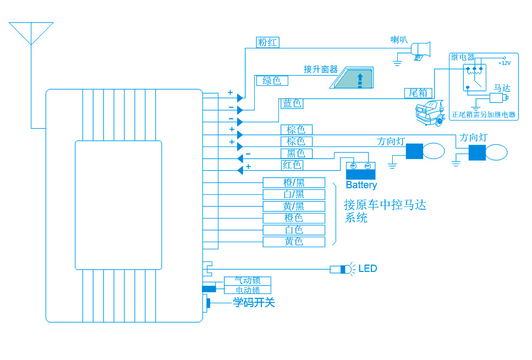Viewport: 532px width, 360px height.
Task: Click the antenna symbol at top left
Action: click(x=31, y=32)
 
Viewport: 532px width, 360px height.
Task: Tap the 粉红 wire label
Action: click(x=268, y=42)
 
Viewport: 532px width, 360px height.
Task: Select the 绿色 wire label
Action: click(x=272, y=81)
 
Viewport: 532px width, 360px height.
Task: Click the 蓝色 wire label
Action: click(x=292, y=103)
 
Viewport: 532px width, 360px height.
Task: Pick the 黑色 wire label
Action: click(x=296, y=154)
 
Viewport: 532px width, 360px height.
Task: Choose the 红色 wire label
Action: click(x=292, y=165)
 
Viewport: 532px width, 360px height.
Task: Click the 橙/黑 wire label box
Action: click(x=294, y=183)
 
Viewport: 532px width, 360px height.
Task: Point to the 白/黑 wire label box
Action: click(x=294, y=194)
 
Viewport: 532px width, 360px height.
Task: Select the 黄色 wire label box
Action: click(x=294, y=242)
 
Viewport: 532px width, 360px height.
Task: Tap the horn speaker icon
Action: click(x=421, y=50)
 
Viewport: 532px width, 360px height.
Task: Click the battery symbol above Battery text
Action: click(x=360, y=168)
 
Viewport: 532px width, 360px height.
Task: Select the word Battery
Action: click(x=361, y=185)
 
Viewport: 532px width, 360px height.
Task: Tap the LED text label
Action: click(x=368, y=269)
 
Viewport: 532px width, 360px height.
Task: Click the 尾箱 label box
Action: click(x=419, y=92)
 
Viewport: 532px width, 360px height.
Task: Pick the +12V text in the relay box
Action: click(x=504, y=63)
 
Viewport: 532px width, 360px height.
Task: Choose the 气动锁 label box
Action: click(x=248, y=281)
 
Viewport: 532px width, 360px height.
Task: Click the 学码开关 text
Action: click(x=254, y=302)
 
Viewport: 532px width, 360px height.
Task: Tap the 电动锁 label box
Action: click(x=248, y=290)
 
